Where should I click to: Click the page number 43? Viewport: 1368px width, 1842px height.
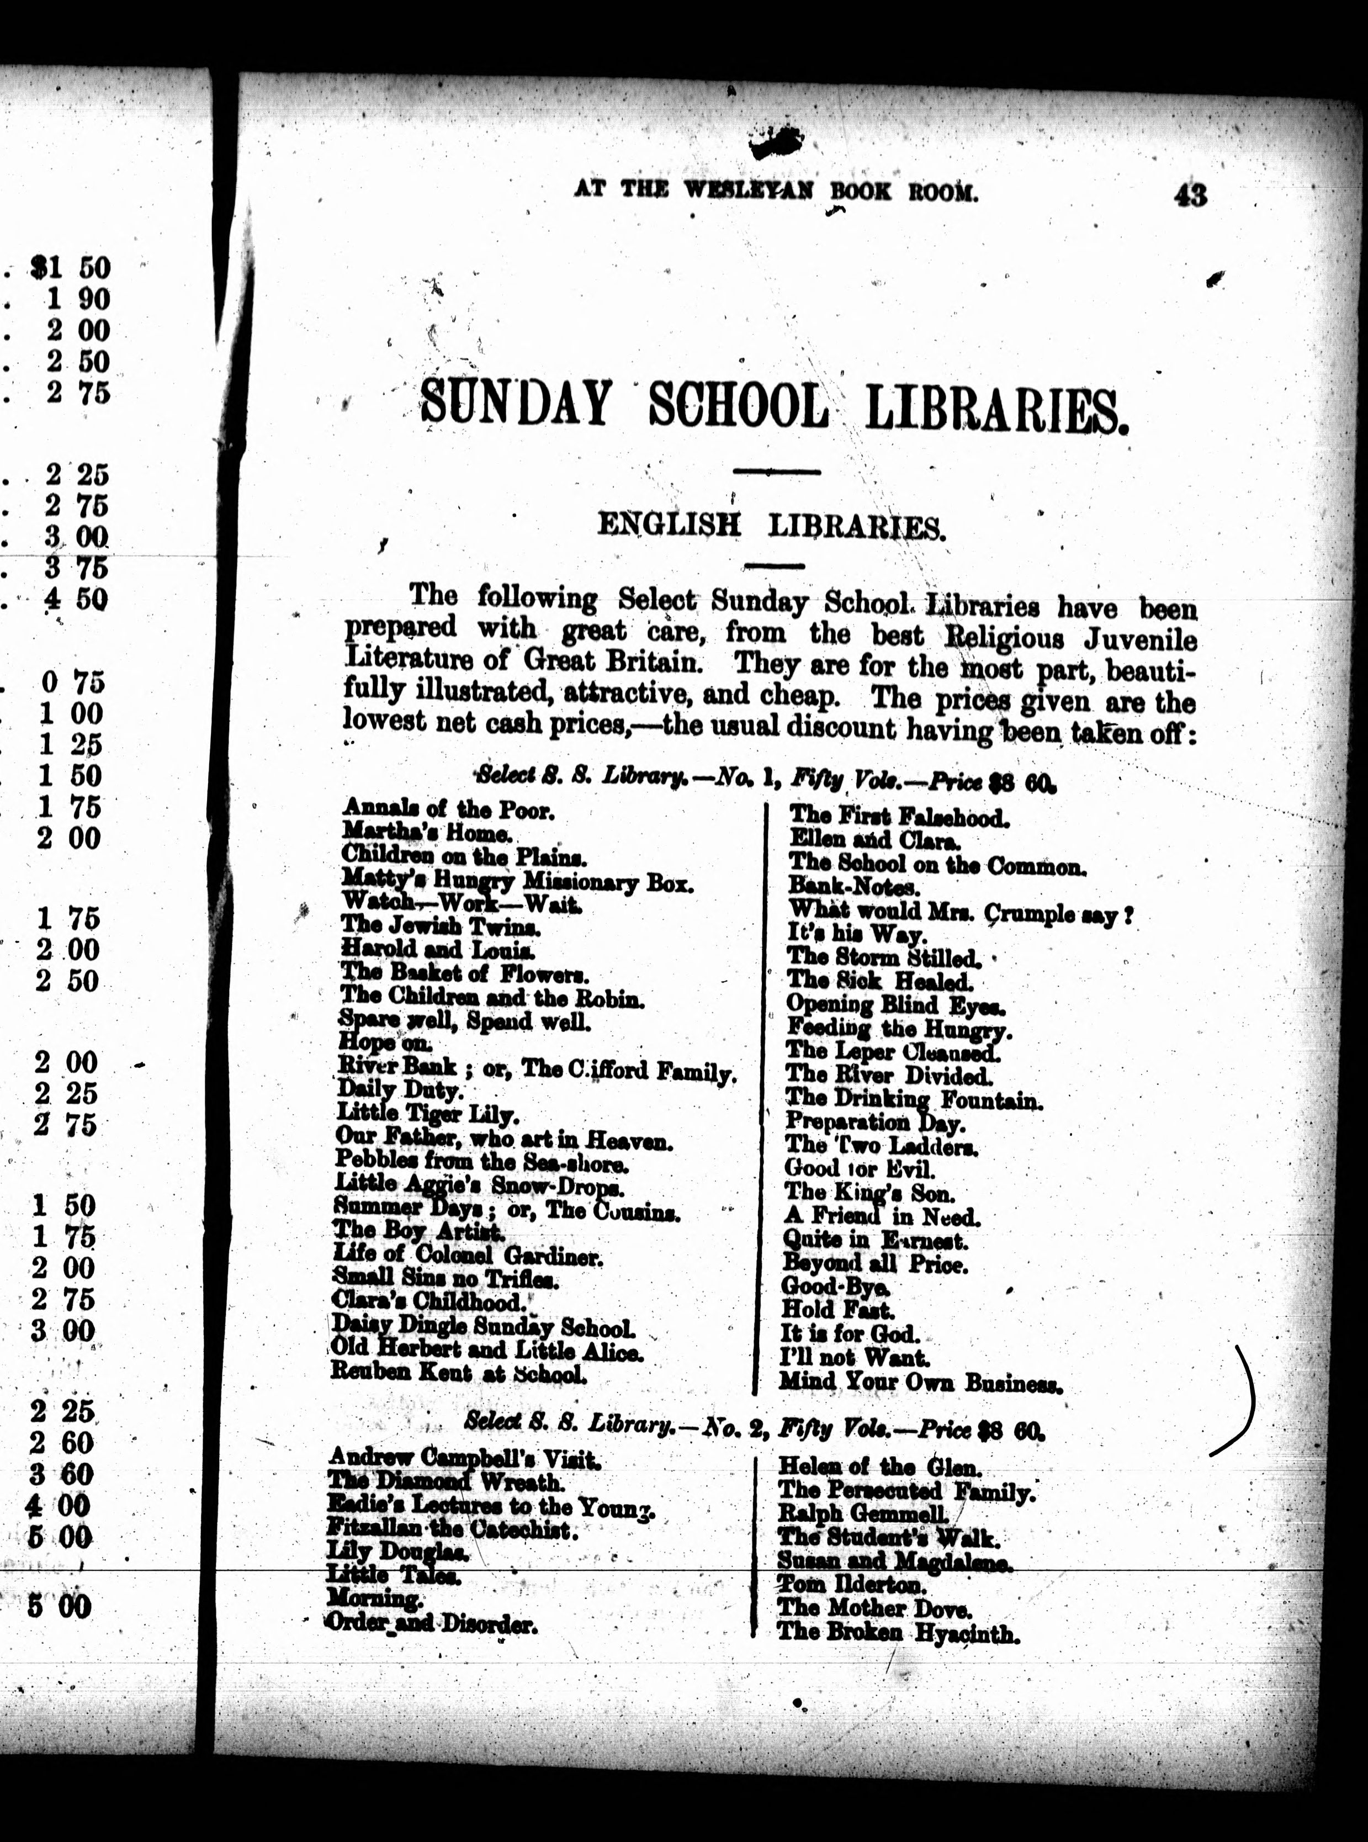click(x=1189, y=195)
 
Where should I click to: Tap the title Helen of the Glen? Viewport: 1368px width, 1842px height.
click(x=879, y=1467)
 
